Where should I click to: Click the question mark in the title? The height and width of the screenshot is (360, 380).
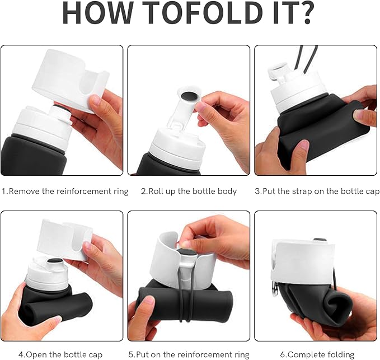pos(304,12)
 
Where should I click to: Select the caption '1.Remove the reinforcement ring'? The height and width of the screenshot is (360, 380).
pos(65,191)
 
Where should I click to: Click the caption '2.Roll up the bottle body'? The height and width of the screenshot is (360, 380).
pos(189,191)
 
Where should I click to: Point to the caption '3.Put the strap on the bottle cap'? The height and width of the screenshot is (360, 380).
pos(317,191)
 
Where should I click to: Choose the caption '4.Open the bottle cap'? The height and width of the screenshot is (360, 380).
pos(60,354)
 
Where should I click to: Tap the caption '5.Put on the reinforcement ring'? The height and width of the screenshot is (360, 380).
pos(189,354)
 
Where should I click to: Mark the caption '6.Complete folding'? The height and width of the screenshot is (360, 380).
pos(317,354)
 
